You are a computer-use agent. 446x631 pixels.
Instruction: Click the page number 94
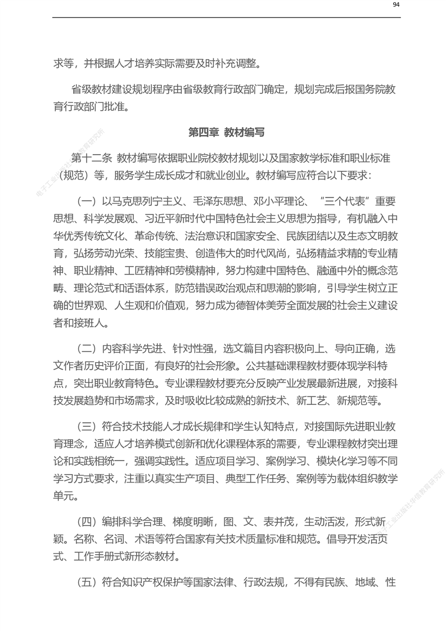pyautogui.click(x=396, y=5)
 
